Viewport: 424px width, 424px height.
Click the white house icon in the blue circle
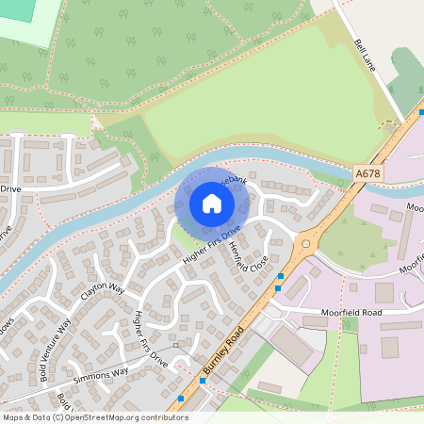[212, 203]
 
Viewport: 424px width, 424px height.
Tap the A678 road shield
[368, 173]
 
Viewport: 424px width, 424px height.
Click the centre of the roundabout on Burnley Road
[304, 246]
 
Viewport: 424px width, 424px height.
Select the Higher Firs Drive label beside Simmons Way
[151, 337]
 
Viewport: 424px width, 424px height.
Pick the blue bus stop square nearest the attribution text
[181, 399]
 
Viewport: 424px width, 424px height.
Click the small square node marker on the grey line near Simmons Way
[175, 345]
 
